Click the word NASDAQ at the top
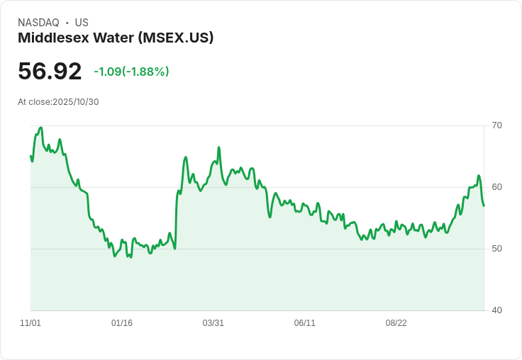click(38, 23)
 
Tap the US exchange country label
click(82, 23)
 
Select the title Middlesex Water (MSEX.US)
click(116, 38)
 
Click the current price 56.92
click(50, 72)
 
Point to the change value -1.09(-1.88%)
click(131, 72)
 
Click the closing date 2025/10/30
click(76, 102)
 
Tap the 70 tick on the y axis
click(496, 125)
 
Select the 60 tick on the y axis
click(496, 187)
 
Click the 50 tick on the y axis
click(496, 249)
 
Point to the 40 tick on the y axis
click(496, 310)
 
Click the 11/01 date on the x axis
click(30, 323)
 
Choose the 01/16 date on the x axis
click(122, 323)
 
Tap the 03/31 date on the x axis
click(213, 323)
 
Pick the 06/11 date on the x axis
click(304, 323)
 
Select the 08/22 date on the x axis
click(396, 323)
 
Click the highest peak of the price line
click(41, 128)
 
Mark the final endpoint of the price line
click(484, 206)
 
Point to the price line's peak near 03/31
click(219, 147)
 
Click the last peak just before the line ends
click(479, 176)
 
